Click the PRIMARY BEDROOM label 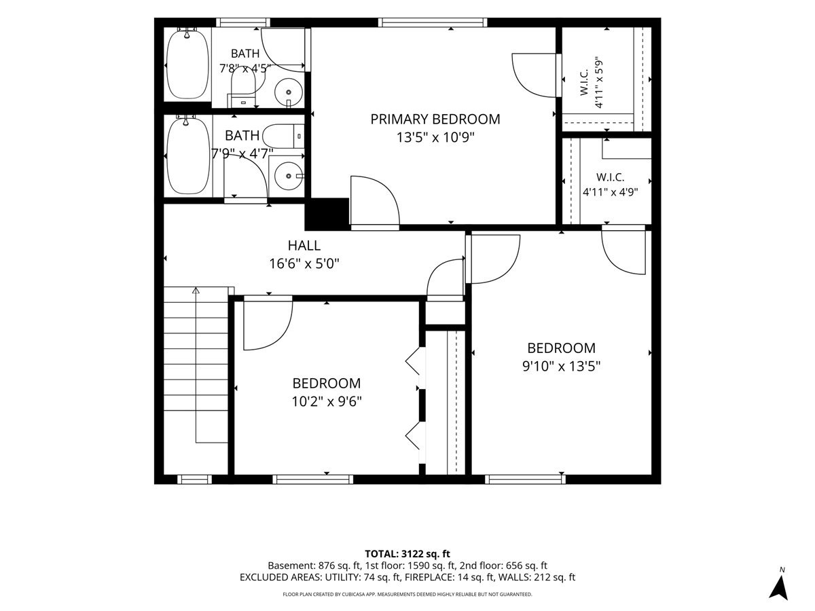tap(435, 119)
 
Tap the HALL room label tap(304, 246)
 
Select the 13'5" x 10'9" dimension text tap(435, 138)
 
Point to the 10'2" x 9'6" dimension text tap(327, 401)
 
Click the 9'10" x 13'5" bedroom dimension tap(561, 367)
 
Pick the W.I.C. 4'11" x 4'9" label tap(610, 185)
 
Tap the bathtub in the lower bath tap(188, 155)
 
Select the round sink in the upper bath tap(289, 92)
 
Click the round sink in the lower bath tap(289, 177)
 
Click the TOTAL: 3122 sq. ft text tap(407, 554)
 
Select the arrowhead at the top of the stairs tap(196, 290)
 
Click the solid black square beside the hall tap(327, 214)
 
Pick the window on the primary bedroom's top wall tap(433, 22)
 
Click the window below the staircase tap(194, 479)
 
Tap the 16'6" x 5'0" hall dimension tap(304, 264)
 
